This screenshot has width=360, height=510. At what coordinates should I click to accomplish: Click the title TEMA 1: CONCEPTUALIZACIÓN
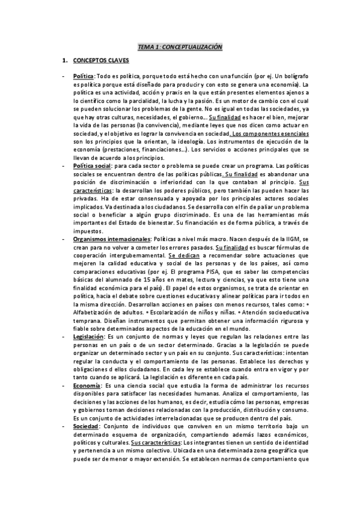180,46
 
